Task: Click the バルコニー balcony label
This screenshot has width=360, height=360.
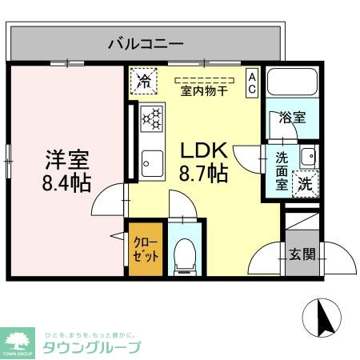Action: [x=146, y=42]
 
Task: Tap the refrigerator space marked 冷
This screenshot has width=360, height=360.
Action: [x=144, y=80]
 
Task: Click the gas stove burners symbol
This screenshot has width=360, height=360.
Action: [x=151, y=118]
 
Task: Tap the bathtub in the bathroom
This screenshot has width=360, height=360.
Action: [x=292, y=84]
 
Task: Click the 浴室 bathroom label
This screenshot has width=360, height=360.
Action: [x=291, y=118]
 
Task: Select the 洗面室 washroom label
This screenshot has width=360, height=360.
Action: [x=282, y=170]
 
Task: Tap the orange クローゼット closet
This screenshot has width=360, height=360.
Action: [x=145, y=248]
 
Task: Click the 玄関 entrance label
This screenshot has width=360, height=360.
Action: [x=302, y=255]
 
